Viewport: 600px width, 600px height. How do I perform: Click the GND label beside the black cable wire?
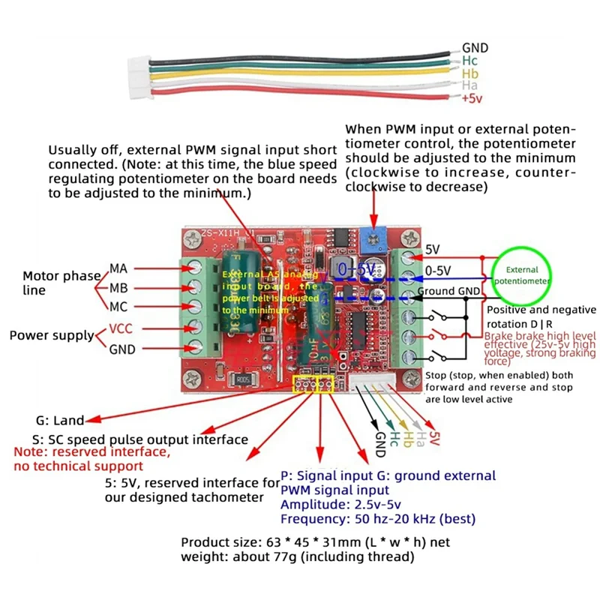coord(475,47)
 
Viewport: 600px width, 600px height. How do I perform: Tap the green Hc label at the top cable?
coord(469,61)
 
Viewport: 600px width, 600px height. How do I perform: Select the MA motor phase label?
coord(118,268)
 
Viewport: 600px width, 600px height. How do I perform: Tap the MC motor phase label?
coord(118,306)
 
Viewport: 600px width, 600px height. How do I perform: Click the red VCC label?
coord(121,328)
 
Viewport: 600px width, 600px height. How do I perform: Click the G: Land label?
coord(60,421)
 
